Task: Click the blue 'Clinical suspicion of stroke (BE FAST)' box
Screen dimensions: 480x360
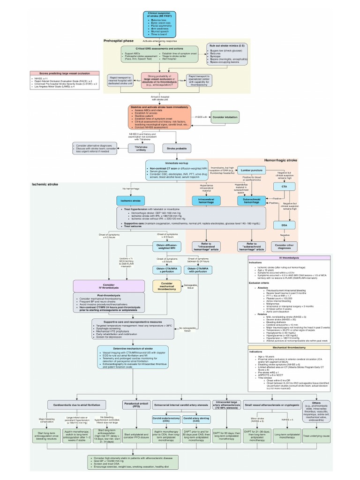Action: (162, 23)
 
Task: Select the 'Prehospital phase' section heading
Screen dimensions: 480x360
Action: (119, 41)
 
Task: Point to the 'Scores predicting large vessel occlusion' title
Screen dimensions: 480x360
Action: (64, 74)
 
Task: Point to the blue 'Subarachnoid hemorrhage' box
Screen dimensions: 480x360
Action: (251, 200)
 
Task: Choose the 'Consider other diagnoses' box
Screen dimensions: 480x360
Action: (284, 246)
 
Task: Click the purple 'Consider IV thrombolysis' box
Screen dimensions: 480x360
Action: (109, 286)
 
